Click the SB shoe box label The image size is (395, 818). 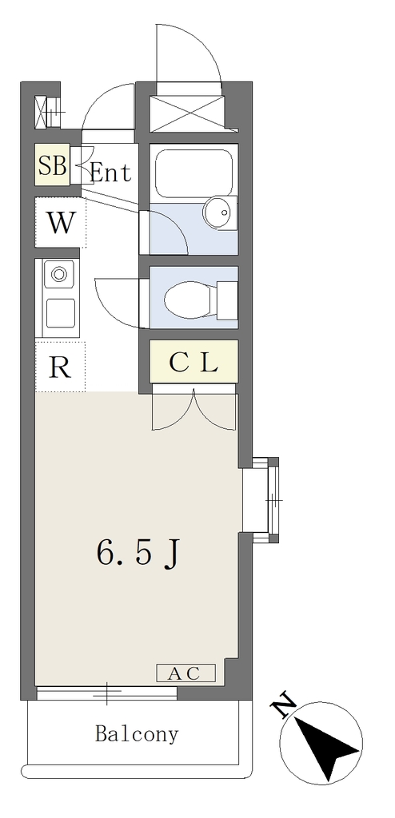click(52, 165)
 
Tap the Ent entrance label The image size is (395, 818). click(110, 173)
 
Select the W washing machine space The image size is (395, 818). click(61, 223)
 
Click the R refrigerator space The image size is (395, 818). click(60, 367)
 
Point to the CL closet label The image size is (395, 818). click(194, 363)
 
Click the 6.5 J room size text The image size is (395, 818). click(138, 552)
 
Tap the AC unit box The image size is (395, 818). click(186, 673)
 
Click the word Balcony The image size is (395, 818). click(137, 735)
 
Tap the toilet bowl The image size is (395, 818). click(188, 300)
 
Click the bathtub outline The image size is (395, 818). click(194, 173)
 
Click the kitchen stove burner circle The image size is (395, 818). click(58, 273)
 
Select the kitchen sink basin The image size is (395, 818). click(60, 313)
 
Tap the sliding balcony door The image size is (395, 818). click(106, 693)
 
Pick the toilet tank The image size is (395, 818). click(227, 300)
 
